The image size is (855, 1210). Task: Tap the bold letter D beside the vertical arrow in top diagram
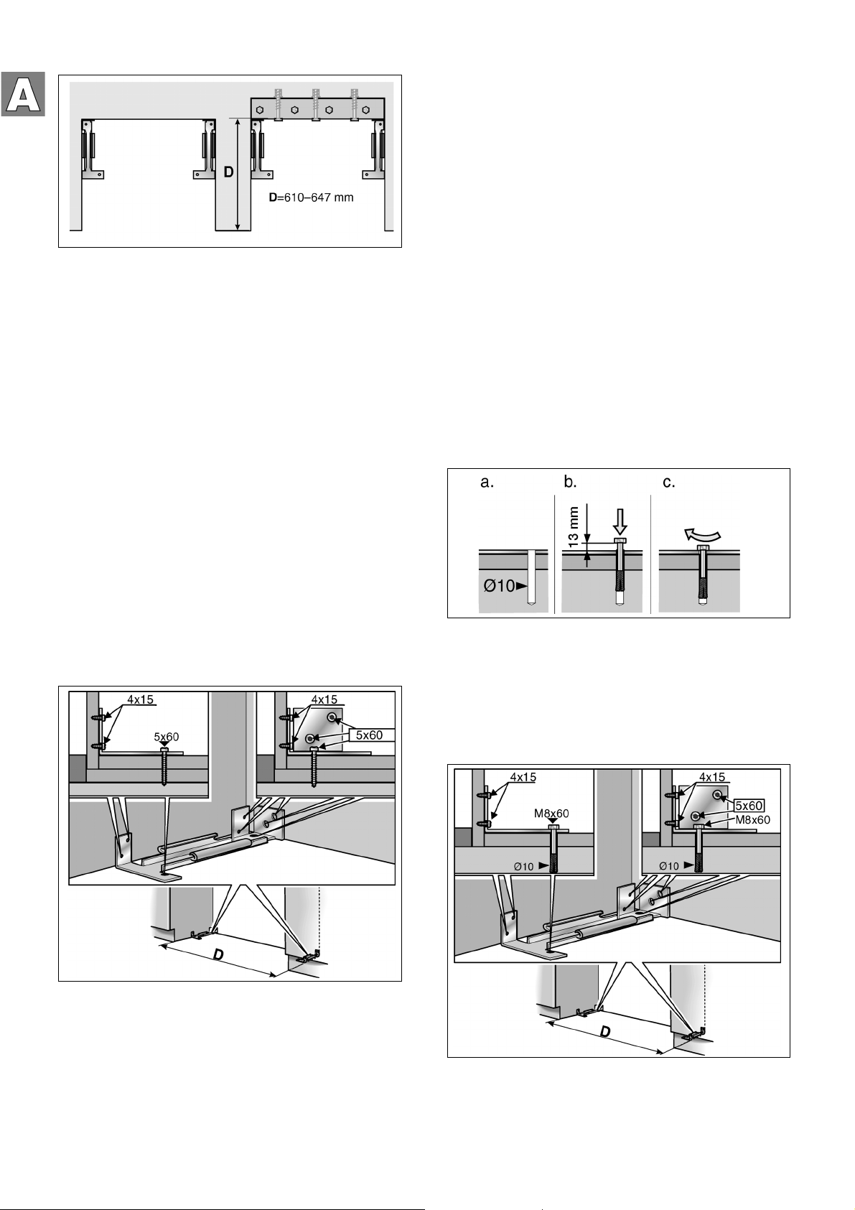(x=228, y=172)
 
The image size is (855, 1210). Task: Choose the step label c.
(x=669, y=483)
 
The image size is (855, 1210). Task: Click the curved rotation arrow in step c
(x=701, y=534)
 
